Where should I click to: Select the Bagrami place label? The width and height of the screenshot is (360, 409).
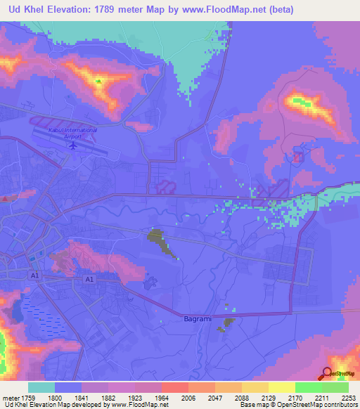(197, 319)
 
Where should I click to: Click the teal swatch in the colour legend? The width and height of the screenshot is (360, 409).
(41, 387)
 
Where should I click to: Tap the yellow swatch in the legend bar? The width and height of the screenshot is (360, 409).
(281, 387)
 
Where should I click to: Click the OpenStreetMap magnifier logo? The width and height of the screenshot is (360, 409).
(327, 373)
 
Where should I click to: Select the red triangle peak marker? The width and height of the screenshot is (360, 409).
(5, 198)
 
